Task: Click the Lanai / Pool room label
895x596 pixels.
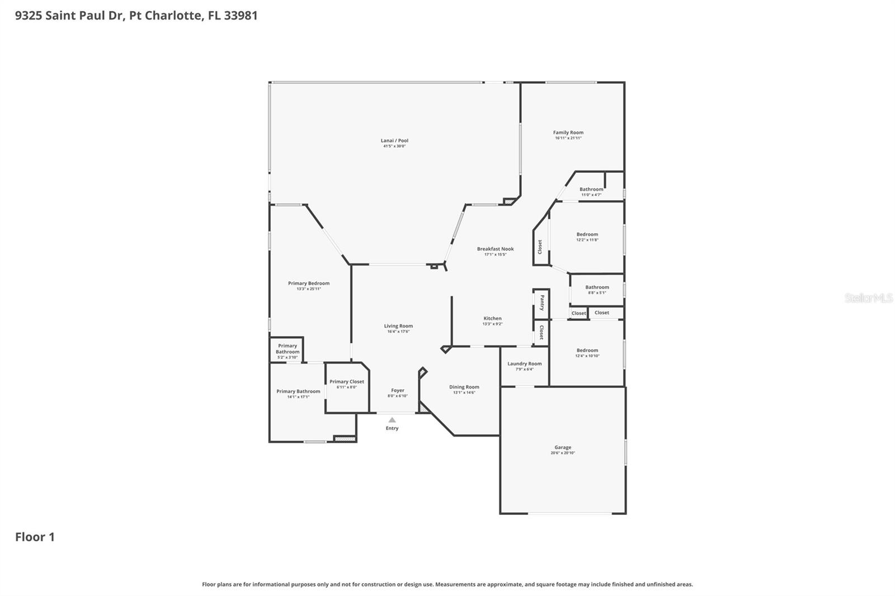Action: pyautogui.click(x=394, y=141)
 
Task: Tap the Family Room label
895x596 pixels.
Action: pyautogui.click(x=568, y=133)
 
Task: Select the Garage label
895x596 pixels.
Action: pyautogui.click(x=563, y=447)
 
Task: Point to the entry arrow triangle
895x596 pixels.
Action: pyautogui.click(x=392, y=420)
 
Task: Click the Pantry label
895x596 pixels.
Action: pyautogui.click(x=541, y=303)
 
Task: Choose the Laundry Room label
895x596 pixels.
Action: pyautogui.click(x=524, y=363)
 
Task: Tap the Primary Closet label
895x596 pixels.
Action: pyautogui.click(x=346, y=381)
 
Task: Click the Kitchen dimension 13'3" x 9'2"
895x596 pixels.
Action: pyautogui.click(x=492, y=324)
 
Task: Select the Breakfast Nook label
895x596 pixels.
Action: pyautogui.click(x=495, y=249)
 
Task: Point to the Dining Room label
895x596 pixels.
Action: pyautogui.click(x=464, y=387)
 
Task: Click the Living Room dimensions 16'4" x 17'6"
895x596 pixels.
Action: pyautogui.click(x=398, y=332)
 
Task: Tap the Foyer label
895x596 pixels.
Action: pyautogui.click(x=397, y=390)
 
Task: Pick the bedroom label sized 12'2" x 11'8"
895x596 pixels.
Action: pyautogui.click(x=587, y=234)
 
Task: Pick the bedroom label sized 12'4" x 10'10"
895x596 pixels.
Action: pyautogui.click(x=587, y=350)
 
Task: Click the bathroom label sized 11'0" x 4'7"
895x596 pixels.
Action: pyautogui.click(x=591, y=189)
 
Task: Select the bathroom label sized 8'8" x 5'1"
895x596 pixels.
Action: pyautogui.click(x=597, y=287)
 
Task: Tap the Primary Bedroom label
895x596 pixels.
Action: pyautogui.click(x=309, y=283)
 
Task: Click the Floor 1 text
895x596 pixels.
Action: pyautogui.click(x=35, y=537)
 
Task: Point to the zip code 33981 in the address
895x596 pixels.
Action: pyautogui.click(x=241, y=15)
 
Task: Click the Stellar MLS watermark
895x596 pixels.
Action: pyautogui.click(x=868, y=298)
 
